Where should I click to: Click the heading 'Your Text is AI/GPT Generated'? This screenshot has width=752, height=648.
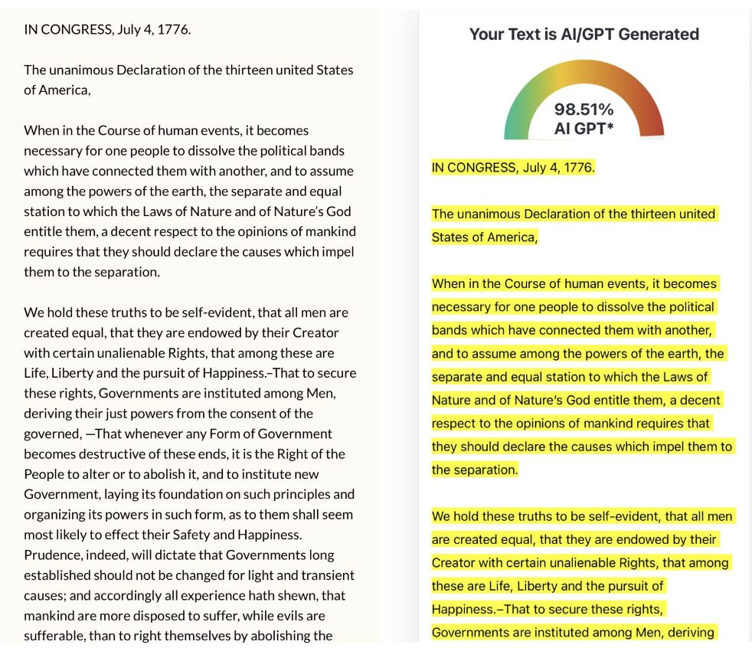[x=584, y=34]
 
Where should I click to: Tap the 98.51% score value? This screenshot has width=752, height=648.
[x=584, y=109]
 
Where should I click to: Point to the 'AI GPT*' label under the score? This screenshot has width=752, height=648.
[x=584, y=129]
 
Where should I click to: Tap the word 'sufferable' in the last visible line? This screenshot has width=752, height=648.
[x=54, y=635]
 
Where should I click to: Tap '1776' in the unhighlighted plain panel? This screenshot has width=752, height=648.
[x=174, y=29]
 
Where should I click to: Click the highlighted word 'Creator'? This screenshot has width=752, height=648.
[x=454, y=563]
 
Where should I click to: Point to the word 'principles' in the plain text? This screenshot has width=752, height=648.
[x=297, y=494]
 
